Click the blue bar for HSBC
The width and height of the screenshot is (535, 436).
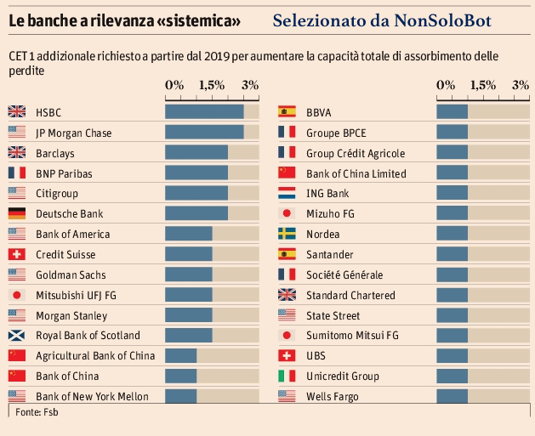(x=204, y=112)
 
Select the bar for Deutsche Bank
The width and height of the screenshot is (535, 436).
(x=196, y=213)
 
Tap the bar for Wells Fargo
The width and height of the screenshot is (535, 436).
(x=452, y=396)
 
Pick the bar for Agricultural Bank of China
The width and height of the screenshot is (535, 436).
(x=180, y=355)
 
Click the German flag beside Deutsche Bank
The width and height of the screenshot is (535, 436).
(x=16, y=213)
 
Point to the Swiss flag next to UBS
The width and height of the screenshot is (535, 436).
(x=287, y=355)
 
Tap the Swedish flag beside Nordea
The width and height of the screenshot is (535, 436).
(x=287, y=234)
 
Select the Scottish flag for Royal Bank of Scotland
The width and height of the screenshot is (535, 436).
(x=16, y=335)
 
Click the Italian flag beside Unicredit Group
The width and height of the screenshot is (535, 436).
(x=287, y=376)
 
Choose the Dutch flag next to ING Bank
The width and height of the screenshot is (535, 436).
(x=287, y=193)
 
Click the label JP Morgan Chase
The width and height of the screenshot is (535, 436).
(x=73, y=133)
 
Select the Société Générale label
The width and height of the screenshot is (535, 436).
(x=344, y=275)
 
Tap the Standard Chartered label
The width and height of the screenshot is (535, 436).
(x=350, y=295)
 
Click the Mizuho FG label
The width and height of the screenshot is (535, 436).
(x=330, y=213)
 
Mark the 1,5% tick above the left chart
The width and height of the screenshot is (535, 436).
(x=212, y=85)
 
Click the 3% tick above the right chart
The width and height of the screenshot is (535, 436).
(x=521, y=85)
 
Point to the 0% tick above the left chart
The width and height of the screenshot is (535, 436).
(x=174, y=85)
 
